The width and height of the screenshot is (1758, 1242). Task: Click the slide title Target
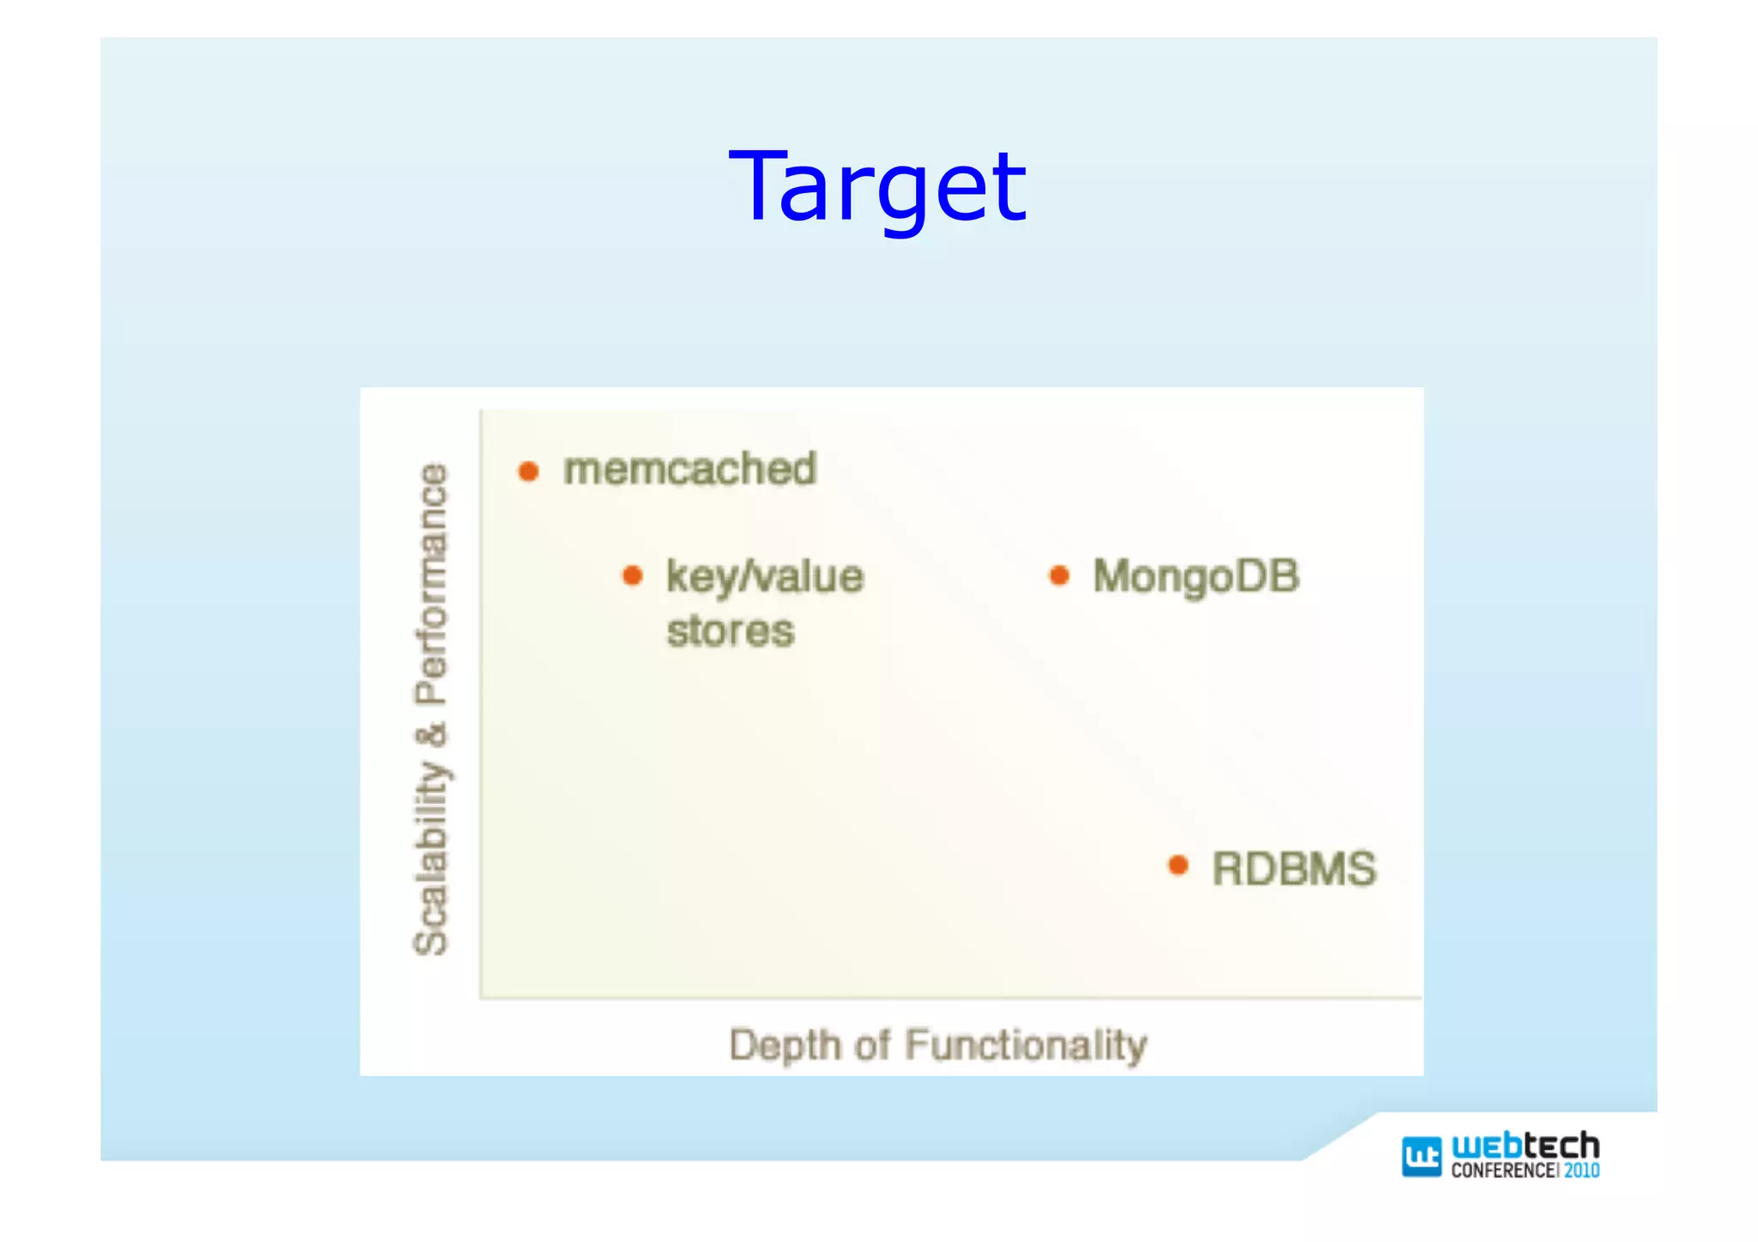click(x=877, y=187)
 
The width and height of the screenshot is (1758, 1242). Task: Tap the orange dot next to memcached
click(x=528, y=471)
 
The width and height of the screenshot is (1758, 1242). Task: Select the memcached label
click(x=689, y=470)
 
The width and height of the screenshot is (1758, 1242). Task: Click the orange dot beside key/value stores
click(x=632, y=575)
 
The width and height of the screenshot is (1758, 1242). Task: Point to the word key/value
click(x=764, y=577)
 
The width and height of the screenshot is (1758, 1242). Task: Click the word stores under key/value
click(x=730, y=632)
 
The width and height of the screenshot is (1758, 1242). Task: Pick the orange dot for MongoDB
click(x=1059, y=575)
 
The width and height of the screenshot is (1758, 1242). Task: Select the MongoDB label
click(x=1196, y=577)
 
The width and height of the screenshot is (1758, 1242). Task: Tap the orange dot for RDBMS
click(x=1179, y=865)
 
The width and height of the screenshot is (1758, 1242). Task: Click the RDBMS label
click(x=1294, y=869)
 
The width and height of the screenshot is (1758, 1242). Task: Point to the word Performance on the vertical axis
click(x=432, y=584)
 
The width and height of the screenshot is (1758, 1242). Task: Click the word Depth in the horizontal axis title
click(x=785, y=1046)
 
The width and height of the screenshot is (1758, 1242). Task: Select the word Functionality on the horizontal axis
click(x=1026, y=1045)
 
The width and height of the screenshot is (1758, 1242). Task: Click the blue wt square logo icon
click(x=1421, y=1156)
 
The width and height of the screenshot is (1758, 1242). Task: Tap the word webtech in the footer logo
click(x=1525, y=1145)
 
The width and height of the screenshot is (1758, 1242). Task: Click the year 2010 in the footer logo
click(x=1581, y=1171)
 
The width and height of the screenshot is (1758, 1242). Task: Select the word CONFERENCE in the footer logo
click(x=1502, y=1171)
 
